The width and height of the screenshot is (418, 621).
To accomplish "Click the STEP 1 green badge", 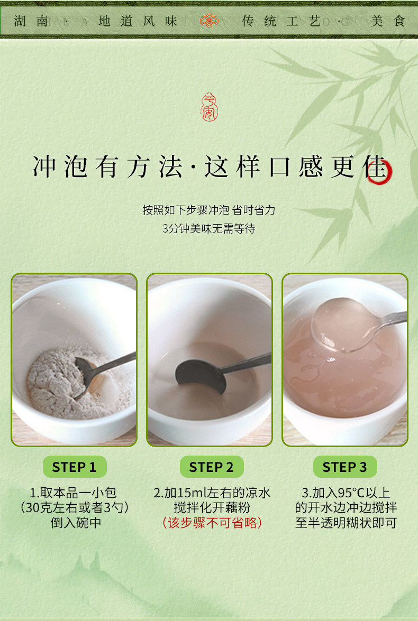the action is [75, 467].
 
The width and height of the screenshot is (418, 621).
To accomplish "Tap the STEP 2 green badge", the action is [211, 467].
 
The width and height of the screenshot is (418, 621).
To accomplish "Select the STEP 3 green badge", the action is [344, 467].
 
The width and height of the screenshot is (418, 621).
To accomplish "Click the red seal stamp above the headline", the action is [209, 107].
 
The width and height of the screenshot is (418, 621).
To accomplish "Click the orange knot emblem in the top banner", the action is [209, 21].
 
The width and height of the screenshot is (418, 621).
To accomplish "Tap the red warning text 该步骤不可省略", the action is [212, 523].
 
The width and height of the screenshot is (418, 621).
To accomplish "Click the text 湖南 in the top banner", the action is [31, 21].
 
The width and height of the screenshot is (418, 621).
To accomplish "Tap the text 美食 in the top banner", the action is [387, 21].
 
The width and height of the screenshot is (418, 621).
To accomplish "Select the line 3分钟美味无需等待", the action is [209, 228].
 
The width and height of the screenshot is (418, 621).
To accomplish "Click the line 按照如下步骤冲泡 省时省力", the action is [209, 210].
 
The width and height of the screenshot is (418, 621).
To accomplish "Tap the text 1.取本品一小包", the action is [74, 493].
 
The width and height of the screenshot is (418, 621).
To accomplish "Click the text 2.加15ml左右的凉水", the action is [212, 493].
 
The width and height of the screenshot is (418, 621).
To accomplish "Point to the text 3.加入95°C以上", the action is [346, 493].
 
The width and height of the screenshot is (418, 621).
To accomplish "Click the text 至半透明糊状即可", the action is [346, 523].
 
